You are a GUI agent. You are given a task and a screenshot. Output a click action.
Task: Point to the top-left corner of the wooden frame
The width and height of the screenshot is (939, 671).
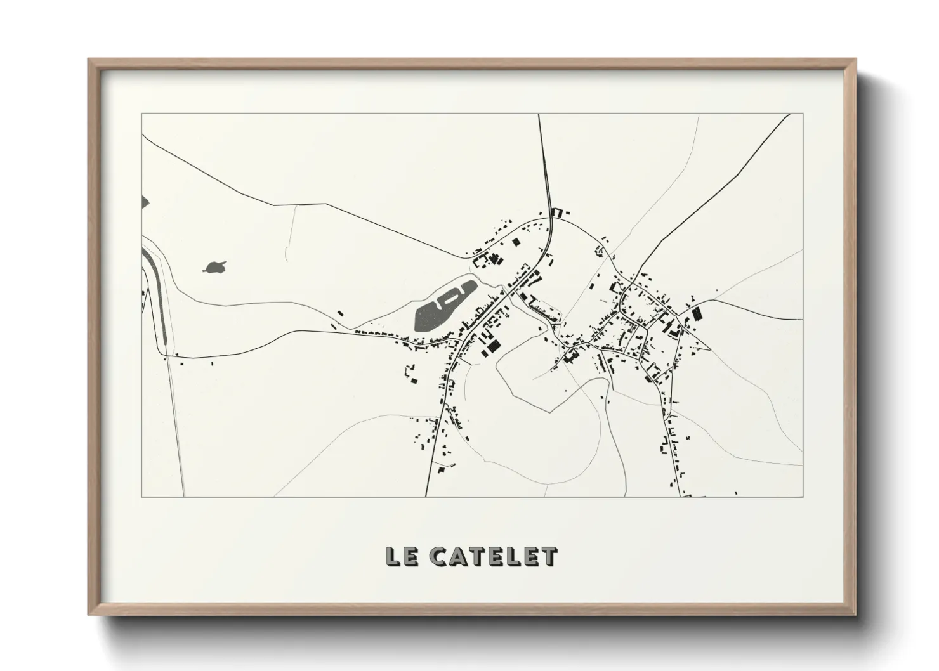click(89, 60)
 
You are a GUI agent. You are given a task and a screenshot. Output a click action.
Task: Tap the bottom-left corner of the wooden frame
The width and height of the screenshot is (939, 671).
click(89, 615)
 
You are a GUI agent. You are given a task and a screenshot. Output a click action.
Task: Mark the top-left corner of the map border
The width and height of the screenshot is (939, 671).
click(141, 114)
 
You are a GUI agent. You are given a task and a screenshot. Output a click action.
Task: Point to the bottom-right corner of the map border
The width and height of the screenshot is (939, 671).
click(803, 496)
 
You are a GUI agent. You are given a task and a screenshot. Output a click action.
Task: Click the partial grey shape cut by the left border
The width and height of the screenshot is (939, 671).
click(145, 202)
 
